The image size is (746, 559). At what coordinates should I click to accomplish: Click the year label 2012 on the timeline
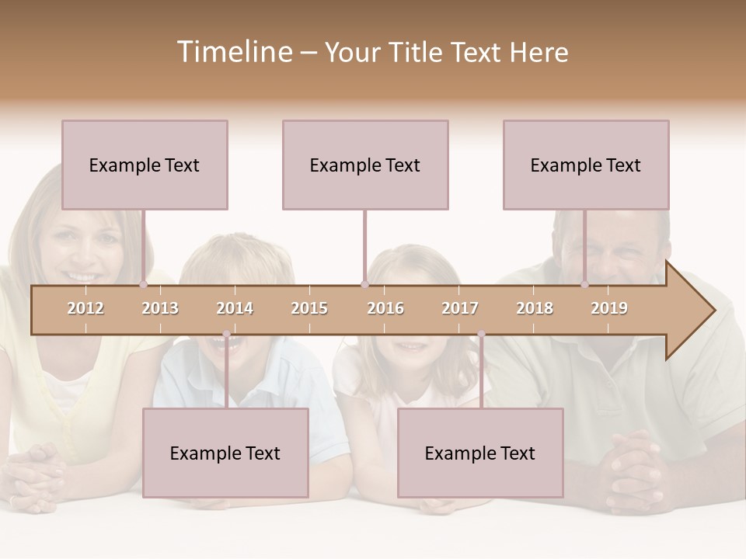(x=85, y=308)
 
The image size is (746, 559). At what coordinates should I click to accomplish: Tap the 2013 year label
(x=160, y=308)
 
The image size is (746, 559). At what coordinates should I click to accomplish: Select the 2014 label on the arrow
(x=235, y=308)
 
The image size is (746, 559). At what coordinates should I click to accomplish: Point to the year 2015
(x=309, y=308)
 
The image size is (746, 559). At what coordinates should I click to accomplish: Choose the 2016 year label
(x=385, y=308)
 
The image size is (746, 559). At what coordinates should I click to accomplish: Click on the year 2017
(x=460, y=308)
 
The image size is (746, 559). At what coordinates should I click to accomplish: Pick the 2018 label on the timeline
(x=535, y=308)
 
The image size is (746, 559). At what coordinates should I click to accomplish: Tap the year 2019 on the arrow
(x=609, y=308)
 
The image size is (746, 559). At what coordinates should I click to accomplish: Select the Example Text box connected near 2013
(x=145, y=165)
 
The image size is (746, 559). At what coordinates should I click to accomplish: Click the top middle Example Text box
(x=365, y=165)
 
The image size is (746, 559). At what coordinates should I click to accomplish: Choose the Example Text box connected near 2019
(x=586, y=165)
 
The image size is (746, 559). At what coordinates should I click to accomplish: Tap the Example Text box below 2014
(x=225, y=453)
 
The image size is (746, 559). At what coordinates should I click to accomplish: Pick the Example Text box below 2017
(x=480, y=453)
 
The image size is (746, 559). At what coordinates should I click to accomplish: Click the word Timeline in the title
(x=234, y=52)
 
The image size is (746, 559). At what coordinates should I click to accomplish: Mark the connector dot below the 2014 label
(x=226, y=334)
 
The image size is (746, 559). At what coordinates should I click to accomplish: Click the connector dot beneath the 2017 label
(x=481, y=334)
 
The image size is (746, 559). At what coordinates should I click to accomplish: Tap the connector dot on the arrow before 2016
(x=364, y=285)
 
